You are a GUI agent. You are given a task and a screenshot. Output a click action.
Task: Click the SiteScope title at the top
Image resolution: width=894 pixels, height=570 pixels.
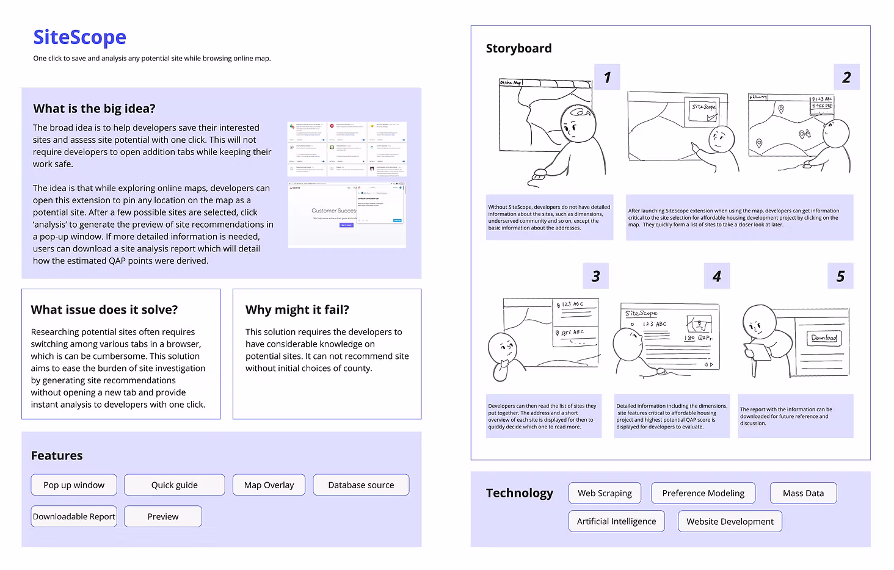(79, 37)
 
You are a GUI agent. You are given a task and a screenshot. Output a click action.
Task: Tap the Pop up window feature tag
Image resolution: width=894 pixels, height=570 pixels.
(74, 485)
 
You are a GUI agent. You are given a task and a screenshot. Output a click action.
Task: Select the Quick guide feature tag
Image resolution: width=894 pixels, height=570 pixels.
(174, 485)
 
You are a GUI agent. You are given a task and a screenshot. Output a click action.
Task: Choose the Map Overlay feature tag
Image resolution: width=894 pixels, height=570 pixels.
(269, 485)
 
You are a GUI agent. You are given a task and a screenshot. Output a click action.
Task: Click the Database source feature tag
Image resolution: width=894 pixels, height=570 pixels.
(361, 485)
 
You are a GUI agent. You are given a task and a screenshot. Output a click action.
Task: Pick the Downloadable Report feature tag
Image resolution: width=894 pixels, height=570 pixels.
(74, 516)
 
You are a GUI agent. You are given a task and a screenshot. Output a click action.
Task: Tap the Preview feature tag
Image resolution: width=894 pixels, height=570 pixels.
(163, 516)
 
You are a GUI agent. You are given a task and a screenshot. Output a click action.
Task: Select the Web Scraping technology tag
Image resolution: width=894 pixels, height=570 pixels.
(605, 493)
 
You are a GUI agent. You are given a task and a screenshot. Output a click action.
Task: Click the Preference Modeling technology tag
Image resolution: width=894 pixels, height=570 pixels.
(703, 493)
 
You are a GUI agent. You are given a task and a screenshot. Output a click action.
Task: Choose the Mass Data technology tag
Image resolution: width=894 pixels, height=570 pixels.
(803, 493)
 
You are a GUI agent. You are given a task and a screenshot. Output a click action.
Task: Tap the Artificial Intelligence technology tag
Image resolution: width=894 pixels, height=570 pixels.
(616, 521)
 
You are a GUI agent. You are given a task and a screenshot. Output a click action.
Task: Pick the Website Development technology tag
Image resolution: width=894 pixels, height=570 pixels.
(730, 521)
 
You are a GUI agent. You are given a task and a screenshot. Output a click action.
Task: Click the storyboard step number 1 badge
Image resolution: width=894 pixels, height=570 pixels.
(607, 78)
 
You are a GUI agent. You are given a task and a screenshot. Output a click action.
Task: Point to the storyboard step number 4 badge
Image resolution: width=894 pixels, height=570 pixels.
(717, 276)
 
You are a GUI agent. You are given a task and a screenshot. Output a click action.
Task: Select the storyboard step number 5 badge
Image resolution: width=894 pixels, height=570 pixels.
(840, 276)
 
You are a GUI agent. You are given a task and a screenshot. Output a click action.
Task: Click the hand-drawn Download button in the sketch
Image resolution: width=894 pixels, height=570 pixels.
(824, 337)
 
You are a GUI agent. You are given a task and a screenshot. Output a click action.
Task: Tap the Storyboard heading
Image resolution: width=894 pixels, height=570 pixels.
(518, 48)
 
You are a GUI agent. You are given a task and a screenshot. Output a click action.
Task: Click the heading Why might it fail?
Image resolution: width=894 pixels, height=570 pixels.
(297, 309)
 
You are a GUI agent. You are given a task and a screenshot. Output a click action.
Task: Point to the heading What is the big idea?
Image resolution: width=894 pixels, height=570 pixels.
(94, 109)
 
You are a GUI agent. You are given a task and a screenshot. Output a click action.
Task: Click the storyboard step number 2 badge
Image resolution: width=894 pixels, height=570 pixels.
(846, 78)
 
